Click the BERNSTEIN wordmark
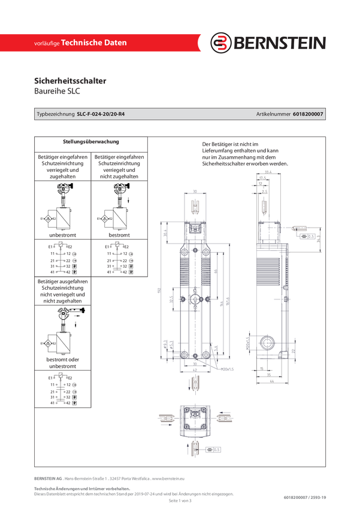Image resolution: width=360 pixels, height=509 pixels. coord(279,43)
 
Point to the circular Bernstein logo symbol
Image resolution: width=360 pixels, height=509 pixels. coord(222,43)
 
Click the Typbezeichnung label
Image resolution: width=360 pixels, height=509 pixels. coord(55,113)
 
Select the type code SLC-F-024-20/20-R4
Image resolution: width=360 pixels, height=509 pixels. coord(105,113)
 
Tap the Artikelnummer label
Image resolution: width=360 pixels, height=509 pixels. coord(273,113)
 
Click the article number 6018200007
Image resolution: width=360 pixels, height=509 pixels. coord(309,113)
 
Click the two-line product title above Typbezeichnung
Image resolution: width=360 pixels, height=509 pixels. coord(70,86)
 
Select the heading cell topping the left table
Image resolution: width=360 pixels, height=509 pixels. coord(91,143)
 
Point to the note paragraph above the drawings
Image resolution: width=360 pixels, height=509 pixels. coord(245,153)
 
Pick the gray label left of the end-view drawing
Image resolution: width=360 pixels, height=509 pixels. coord(165,419)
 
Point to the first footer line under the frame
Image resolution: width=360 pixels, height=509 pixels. coord(110,478)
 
